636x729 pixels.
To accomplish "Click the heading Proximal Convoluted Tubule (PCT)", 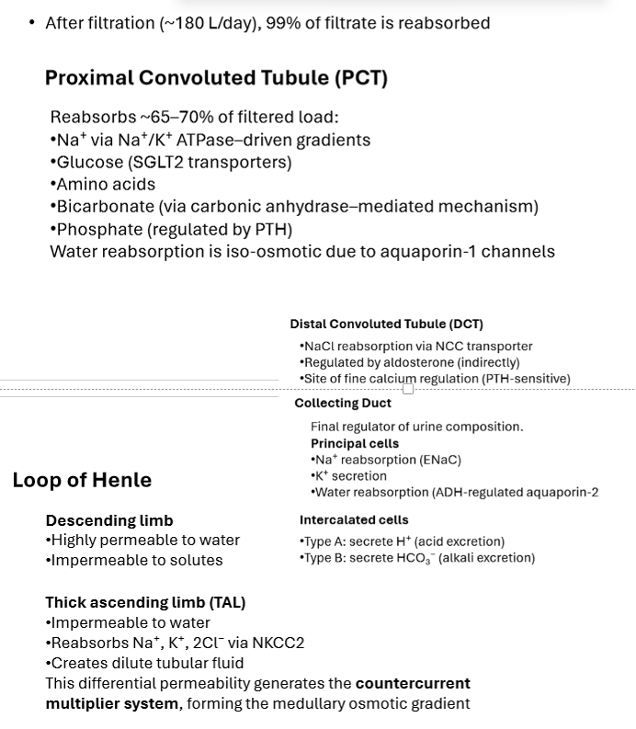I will pos(216,78).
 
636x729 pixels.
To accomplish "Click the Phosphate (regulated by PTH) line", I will pos(172,229).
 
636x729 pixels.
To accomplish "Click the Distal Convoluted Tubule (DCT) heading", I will pos(386,324).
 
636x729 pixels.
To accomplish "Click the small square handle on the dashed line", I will pos(408,389).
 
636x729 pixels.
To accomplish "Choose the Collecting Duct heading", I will pos(343,403).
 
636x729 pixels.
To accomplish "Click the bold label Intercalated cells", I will pos(354,519).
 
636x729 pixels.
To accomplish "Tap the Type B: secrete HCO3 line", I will pos(417,558).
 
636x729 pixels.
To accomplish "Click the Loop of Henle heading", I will pos(82,480).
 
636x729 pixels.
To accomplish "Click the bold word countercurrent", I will pos(413,683).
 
